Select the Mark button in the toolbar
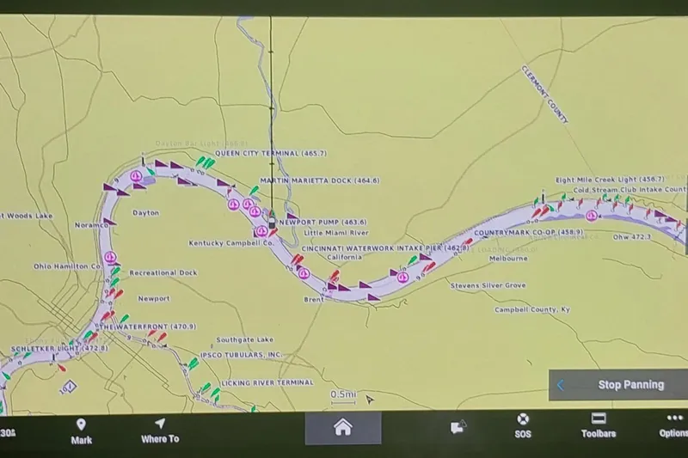pyautogui.click(x=81, y=430)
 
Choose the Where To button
pyautogui.click(x=160, y=430)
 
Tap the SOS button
pyautogui.click(x=522, y=425)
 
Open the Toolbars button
pyautogui.click(x=599, y=425)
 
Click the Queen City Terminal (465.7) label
pyautogui.click(x=270, y=153)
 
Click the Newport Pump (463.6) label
pyautogui.click(x=322, y=222)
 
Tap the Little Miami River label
pyautogui.click(x=336, y=233)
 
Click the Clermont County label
pyautogui.click(x=544, y=95)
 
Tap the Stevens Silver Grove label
pyautogui.click(x=488, y=284)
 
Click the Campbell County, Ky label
pyautogui.click(x=531, y=309)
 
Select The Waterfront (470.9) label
pyautogui.click(x=146, y=327)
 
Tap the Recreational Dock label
pyautogui.click(x=163, y=272)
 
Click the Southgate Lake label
pyautogui.click(x=244, y=339)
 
